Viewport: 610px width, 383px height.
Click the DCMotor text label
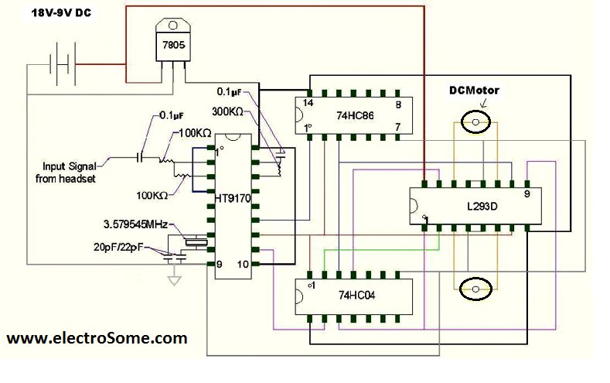pyautogui.click(x=475, y=91)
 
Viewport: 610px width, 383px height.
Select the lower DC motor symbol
pyautogui.click(x=475, y=289)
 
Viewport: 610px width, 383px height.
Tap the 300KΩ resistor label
pyautogui.click(x=229, y=112)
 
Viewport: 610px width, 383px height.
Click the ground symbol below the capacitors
pyautogui.click(x=176, y=278)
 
